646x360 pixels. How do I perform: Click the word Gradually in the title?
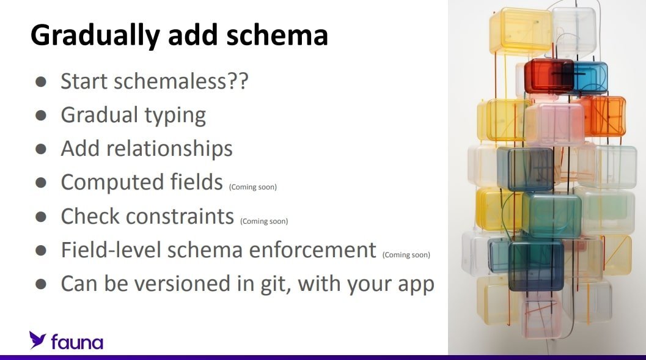point(95,36)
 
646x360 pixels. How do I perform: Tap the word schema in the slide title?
point(277,35)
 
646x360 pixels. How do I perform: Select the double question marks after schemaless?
point(238,81)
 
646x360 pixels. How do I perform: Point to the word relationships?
point(169,149)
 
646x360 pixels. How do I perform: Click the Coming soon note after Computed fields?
point(253,187)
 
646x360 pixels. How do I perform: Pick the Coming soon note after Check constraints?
point(264,221)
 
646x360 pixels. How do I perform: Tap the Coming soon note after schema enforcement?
point(406,255)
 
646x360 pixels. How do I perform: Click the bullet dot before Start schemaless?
point(41,81)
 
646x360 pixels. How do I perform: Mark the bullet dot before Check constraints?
point(41,216)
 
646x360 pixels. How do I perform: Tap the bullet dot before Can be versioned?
point(41,284)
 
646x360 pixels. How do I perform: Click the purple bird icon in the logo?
point(37,340)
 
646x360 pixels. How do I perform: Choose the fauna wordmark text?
point(77,342)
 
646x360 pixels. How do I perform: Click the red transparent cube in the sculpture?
point(548,76)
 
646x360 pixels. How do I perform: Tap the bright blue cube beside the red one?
point(590,78)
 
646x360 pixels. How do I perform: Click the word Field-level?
point(111,250)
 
